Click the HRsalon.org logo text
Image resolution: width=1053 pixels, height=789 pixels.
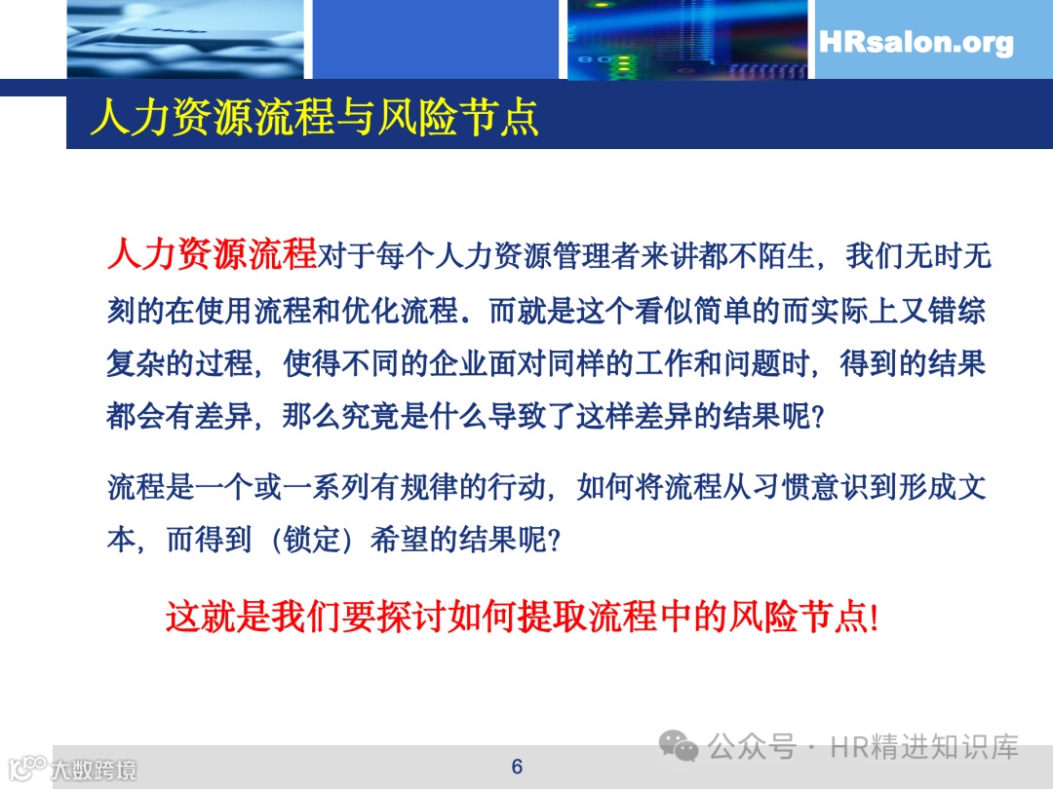pyautogui.click(x=916, y=43)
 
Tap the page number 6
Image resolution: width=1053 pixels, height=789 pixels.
pyautogui.click(x=517, y=767)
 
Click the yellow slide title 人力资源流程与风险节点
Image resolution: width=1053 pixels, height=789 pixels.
pyautogui.click(x=314, y=118)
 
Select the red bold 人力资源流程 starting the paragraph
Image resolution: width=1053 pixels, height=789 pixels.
pyautogui.click(x=212, y=255)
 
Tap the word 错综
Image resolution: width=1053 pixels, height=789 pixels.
pyautogui.click(x=957, y=311)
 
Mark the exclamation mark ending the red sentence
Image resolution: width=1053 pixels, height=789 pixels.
pyautogui.click(x=874, y=618)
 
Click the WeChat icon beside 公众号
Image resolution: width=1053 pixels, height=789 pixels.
pyautogui.click(x=679, y=747)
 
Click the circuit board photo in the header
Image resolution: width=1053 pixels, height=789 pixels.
pyautogui.click(x=686, y=39)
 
